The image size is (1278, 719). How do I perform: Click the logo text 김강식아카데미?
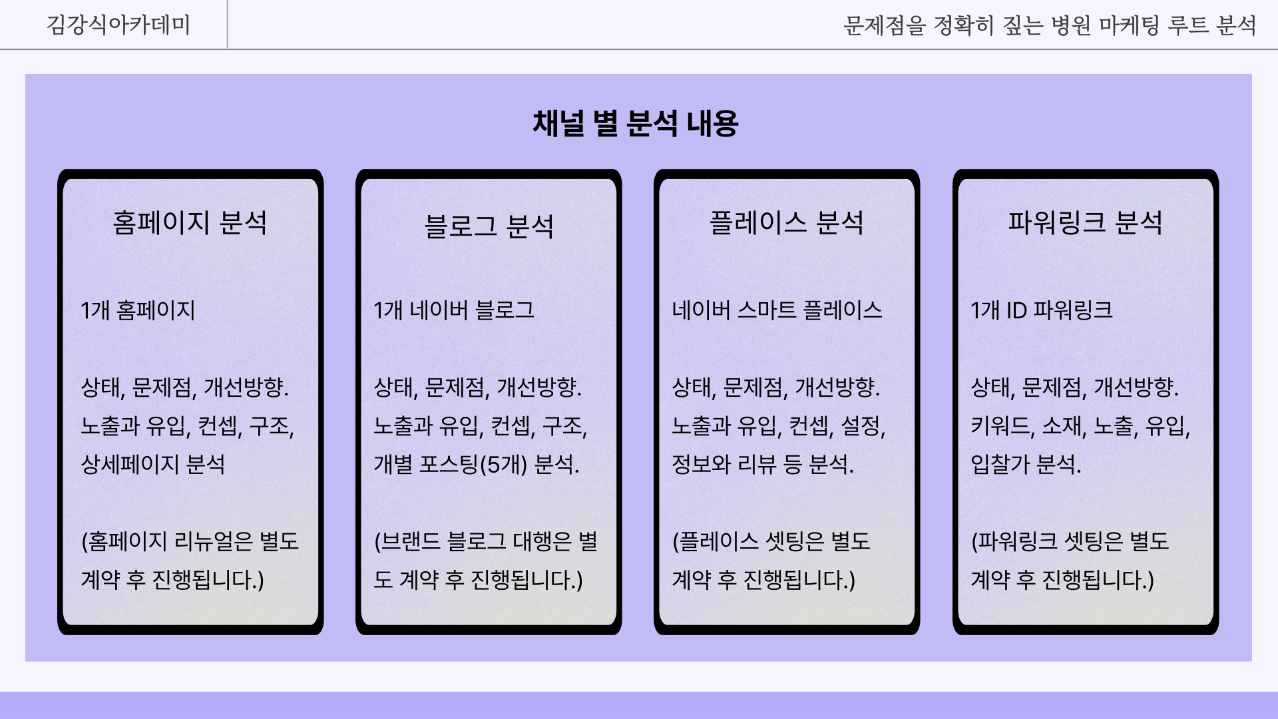tap(118, 25)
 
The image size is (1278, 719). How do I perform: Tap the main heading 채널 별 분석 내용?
tap(636, 123)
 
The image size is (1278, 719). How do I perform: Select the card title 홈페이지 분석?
tap(190, 222)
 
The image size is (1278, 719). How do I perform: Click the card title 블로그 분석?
tap(489, 226)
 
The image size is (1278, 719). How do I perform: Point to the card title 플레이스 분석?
tap(787, 222)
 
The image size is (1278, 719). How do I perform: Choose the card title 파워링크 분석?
tap(1085, 222)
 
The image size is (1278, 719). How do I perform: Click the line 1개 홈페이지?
tap(138, 310)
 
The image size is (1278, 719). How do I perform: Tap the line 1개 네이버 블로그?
tap(454, 310)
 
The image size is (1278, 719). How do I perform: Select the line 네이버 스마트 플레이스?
tap(777, 310)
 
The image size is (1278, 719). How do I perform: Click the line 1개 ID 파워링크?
tap(1042, 310)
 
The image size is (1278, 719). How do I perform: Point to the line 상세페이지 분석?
tap(153, 464)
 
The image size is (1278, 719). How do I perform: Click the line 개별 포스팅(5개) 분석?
tap(477, 464)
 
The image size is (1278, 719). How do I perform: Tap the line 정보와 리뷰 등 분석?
tap(763, 464)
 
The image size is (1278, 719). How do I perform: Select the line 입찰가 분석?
tap(1026, 464)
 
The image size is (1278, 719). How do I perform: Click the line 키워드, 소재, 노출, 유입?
tap(1080, 426)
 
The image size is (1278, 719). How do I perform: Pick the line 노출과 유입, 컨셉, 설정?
tap(779, 426)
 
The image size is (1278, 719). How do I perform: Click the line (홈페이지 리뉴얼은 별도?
tap(190, 541)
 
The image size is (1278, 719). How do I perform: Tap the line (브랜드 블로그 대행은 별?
tap(486, 541)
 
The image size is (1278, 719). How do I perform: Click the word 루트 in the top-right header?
tap(1188, 25)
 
